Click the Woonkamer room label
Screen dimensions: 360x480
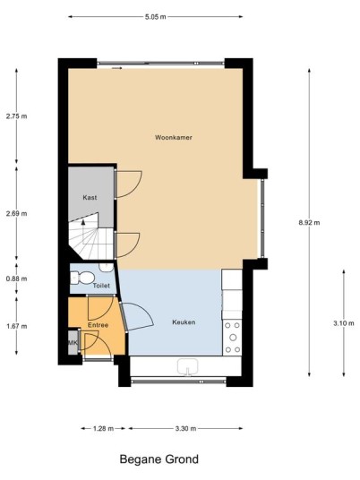pos(174,137)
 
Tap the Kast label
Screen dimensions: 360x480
pos(90,197)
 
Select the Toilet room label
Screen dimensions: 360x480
pos(101,286)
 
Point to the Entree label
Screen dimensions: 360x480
pos(98,325)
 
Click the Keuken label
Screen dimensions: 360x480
pos(184,322)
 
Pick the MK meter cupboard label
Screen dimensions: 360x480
pos(73,343)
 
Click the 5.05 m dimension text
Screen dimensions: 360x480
pos(156,17)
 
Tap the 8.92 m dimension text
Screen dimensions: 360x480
pos(309,223)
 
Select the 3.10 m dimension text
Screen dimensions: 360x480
pos(344,323)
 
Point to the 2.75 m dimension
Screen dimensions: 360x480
pos(16,116)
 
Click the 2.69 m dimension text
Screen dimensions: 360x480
pos(16,213)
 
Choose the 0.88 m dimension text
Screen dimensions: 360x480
pos(16,279)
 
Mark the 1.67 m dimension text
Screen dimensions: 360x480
pos(16,326)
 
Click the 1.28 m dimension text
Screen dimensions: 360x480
pos(103,429)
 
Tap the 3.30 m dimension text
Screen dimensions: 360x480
pos(185,429)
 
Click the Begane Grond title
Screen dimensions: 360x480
pos(159,459)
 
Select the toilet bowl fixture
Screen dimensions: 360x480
pos(81,279)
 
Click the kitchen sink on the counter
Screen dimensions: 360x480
pos(187,366)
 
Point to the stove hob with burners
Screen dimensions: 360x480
pos(233,338)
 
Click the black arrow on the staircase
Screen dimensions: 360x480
pos(83,223)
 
